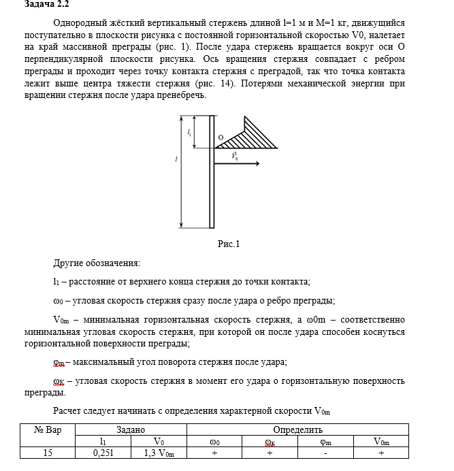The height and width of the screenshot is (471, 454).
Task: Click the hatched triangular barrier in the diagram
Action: pos(255,136)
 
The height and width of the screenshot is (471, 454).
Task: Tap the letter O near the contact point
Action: pos(221,137)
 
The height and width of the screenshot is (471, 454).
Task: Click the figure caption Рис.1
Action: pos(229,244)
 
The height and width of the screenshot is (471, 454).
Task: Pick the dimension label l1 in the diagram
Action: pos(189,133)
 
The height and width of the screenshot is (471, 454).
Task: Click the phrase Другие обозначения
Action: pos(97,263)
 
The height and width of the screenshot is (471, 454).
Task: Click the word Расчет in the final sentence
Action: pos(67,412)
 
